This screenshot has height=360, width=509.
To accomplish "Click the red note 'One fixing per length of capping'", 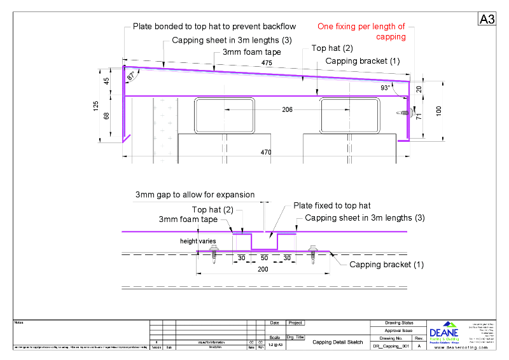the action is [361, 32].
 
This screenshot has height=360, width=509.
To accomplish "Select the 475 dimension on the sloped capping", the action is [266, 62].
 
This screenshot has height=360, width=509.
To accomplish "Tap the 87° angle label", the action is [131, 76].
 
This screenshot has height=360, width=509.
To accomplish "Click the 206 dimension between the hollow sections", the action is [288, 110].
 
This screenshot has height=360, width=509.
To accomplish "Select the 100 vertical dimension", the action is [438, 111].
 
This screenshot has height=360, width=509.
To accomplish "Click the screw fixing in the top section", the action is [402, 113].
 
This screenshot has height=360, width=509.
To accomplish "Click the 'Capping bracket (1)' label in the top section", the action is [362, 61].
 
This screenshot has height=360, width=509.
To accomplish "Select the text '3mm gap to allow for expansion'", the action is [195, 195].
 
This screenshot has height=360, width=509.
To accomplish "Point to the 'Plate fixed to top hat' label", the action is [331, 205].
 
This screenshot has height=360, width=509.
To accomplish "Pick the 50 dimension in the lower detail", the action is [265, 258].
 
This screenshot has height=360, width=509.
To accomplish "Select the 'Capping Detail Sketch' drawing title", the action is [337, 342].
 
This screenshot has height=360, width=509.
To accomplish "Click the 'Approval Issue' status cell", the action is [399, 331].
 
